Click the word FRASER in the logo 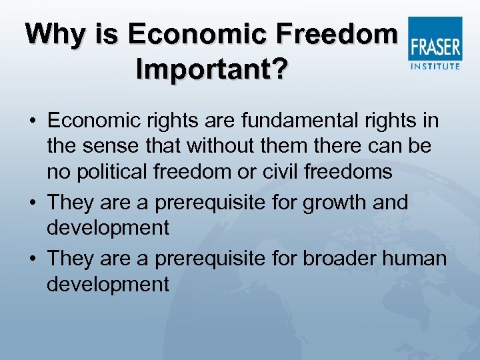(x=435, y=47)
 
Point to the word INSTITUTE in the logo (x=435, y=66)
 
